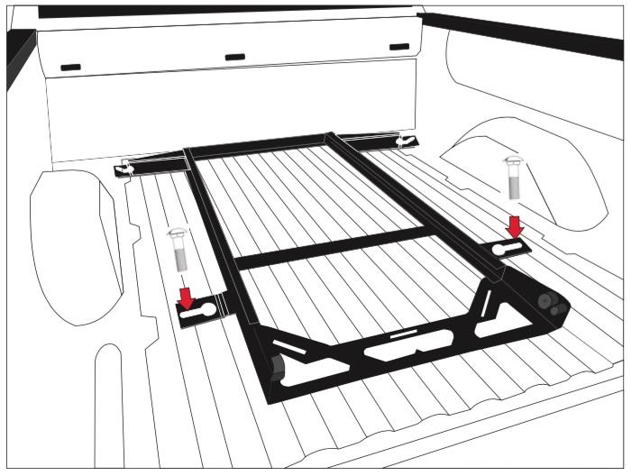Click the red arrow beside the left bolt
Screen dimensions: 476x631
186,297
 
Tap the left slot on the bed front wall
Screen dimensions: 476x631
70,67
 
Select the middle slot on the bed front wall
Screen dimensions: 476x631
234,57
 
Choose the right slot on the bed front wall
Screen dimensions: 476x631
398,47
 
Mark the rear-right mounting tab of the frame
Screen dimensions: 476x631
405,141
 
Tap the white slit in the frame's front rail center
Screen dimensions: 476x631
404,334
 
